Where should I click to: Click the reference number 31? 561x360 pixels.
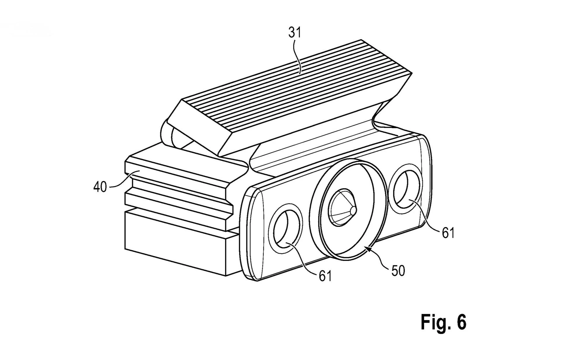pos(295,33)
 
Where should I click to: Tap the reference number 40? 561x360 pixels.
pos(100,187)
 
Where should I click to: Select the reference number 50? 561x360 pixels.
pos(398,271)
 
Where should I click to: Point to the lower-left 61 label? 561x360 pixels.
pos(325,276)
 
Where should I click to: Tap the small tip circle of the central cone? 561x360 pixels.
pos(353,210)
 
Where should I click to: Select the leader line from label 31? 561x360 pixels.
pos(299,55)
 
